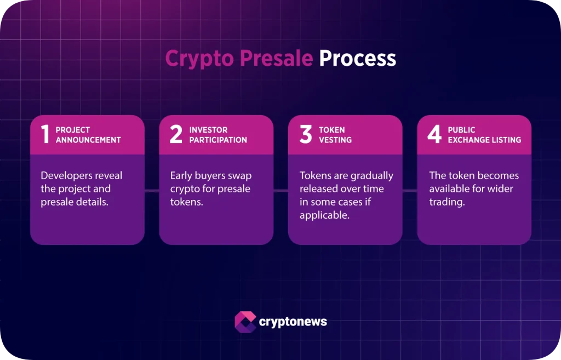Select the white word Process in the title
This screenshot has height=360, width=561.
point(357,59)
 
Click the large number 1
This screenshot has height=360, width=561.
point(45,134)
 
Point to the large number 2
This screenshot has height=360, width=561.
point(175,134)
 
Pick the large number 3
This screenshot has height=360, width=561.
point(305,134)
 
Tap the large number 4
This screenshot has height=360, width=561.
point(434,134)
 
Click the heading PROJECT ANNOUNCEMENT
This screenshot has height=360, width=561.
point(88,135)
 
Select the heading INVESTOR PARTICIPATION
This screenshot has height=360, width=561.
point(218,135)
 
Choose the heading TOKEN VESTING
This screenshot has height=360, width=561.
point(332,135)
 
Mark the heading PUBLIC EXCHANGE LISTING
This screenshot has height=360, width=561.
point(484,135)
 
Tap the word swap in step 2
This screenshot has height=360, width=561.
point(239,176)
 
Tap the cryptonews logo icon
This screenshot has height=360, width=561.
point(245,322)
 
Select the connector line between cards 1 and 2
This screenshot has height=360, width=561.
point(152,191)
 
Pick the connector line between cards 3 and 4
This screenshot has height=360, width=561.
point(410,191)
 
